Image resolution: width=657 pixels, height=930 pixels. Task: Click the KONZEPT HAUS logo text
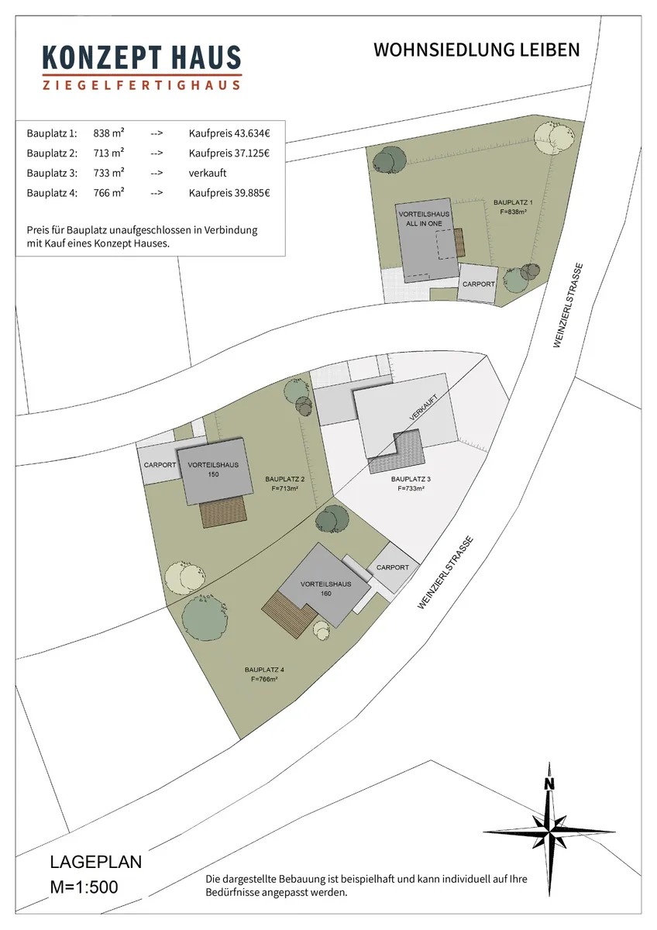142,57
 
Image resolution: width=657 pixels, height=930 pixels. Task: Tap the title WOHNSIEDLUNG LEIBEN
476,50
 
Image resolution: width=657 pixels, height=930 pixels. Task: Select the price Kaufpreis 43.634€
229,133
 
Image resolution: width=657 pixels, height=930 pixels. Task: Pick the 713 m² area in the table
108,153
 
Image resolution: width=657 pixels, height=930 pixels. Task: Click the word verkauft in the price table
208,173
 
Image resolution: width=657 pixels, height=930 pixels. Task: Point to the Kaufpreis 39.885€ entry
229,193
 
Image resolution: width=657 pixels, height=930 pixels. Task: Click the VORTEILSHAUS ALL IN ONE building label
424,219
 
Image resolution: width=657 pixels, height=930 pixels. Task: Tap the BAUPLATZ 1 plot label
513,207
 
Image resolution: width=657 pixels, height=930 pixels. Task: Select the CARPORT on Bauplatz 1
478,283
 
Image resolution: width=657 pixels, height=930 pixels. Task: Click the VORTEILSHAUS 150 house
215,471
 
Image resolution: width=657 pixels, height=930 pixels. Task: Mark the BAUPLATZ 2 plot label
284,484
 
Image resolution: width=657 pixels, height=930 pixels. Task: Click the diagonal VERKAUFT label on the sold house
423,408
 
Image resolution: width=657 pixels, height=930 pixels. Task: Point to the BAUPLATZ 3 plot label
411,484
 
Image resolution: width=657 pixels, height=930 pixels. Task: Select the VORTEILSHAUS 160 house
325,588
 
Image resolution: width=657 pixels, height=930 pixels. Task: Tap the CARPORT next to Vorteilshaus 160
393,567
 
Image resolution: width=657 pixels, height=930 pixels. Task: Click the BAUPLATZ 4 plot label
264,675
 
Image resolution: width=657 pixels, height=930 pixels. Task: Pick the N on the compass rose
549,784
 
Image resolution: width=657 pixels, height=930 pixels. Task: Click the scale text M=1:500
84,887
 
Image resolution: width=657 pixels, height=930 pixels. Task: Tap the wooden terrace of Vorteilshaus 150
223,512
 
